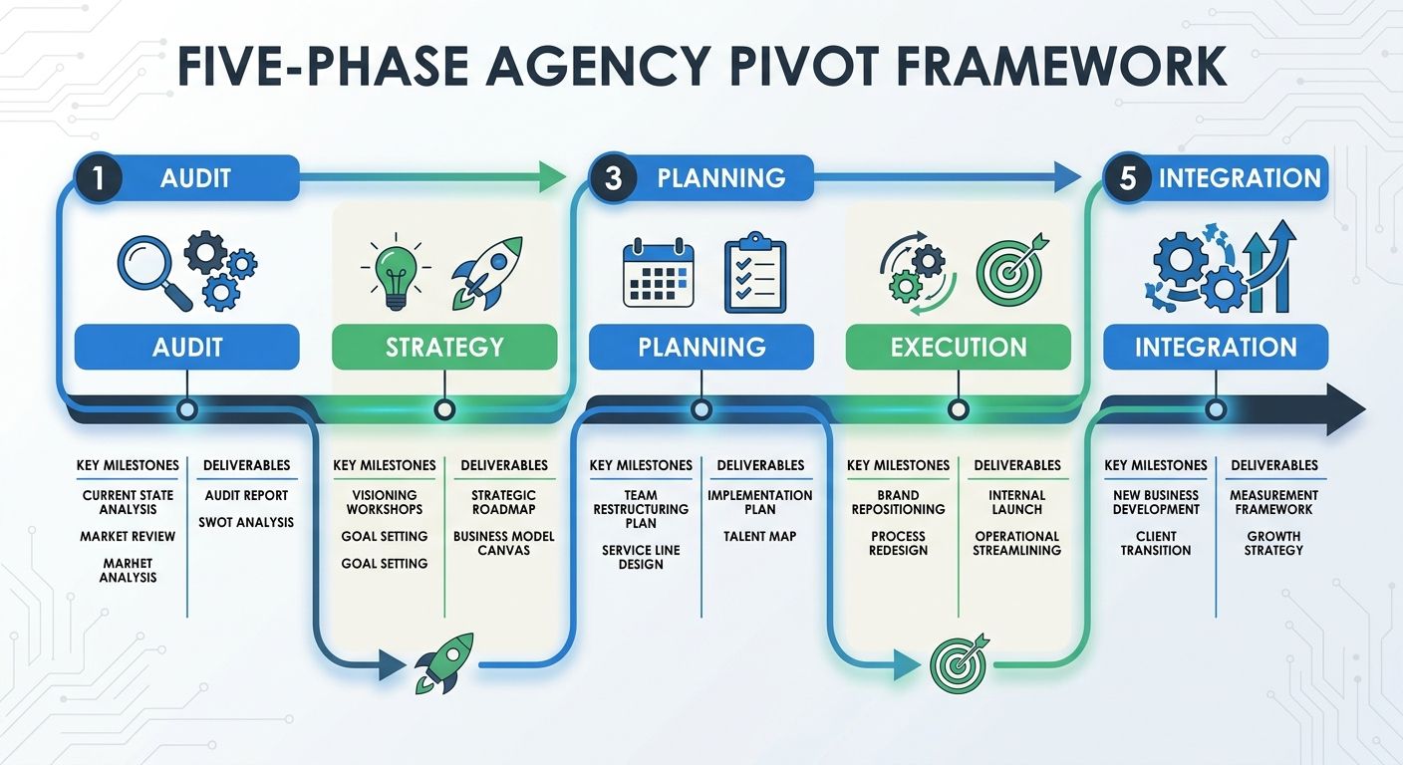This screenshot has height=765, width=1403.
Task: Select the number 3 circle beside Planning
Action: (614, 179)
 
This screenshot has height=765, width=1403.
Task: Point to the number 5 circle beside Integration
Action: (1128, 179)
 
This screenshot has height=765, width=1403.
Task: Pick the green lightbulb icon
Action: (395, 271)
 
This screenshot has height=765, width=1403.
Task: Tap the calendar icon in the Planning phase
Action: (658, 272)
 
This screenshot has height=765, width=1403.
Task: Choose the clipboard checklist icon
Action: (754, 272)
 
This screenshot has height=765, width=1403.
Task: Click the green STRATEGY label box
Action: (444, 348)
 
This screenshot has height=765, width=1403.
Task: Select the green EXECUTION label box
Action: (959, 348)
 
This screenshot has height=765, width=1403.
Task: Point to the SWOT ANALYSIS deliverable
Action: (246, 522)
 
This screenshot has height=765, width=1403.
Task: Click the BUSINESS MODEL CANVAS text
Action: (504, 543)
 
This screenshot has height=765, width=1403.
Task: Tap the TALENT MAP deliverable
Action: (759, 536)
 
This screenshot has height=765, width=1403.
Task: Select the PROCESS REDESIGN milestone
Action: (898, 543)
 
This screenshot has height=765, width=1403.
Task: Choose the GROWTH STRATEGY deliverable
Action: (1273, 543)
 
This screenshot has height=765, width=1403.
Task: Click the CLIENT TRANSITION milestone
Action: (1156, 543)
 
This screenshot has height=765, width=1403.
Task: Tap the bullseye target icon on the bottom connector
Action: (958, 661)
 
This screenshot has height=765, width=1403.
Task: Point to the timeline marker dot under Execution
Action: (959, 408)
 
